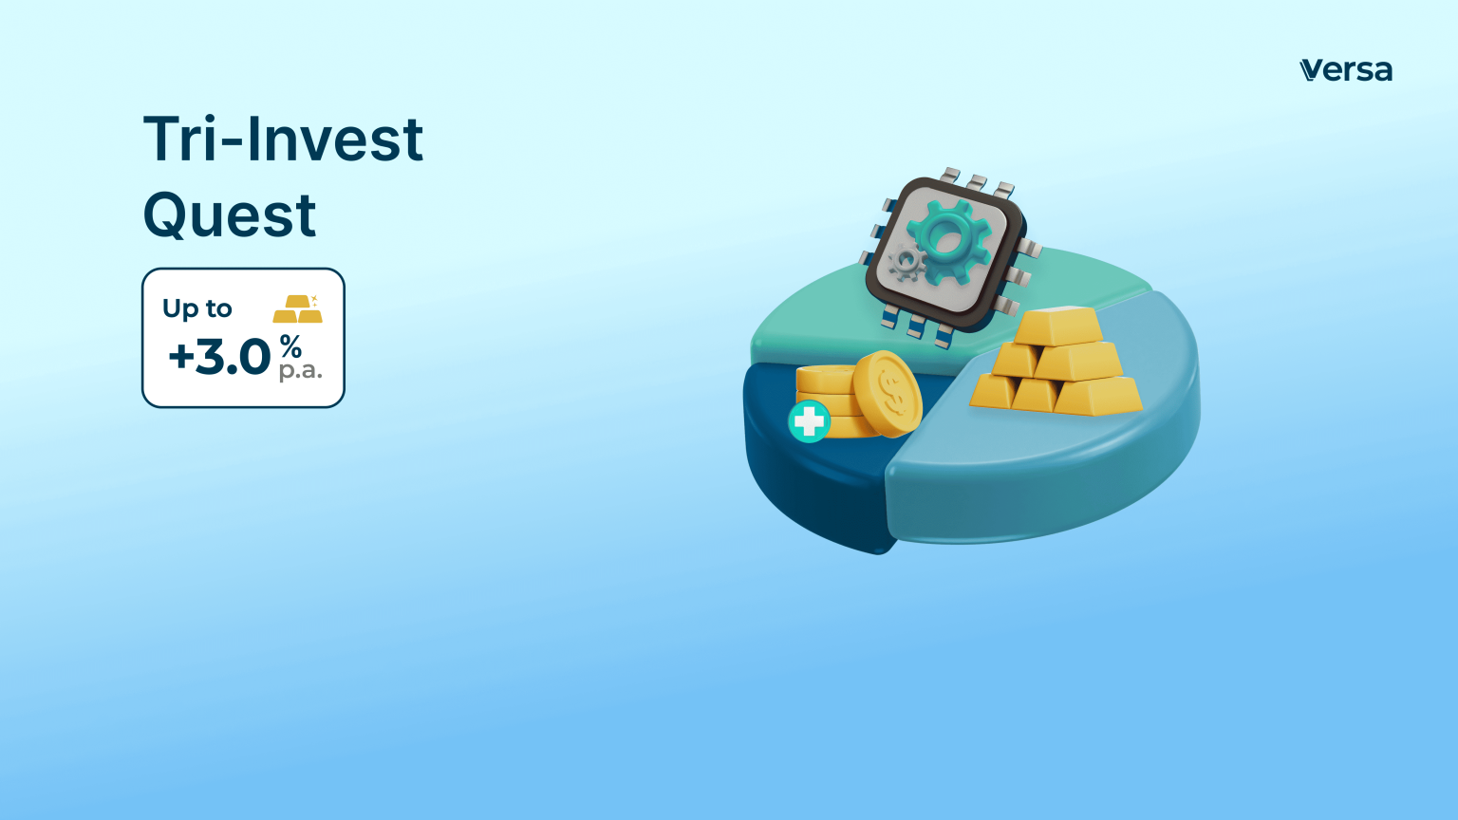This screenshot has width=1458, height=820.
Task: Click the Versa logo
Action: [1345, 70]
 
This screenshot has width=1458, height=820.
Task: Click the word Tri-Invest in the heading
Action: [283, 140]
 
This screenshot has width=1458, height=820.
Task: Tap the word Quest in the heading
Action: [229, 214]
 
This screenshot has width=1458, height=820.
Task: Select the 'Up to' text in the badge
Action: [196, 308]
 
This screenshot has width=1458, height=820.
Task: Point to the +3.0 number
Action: [219, 358]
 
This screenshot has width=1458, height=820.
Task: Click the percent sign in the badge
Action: [290, 346]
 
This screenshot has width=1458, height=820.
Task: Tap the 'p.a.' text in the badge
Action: [300, 371]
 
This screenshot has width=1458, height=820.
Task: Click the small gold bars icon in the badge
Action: [297, 308]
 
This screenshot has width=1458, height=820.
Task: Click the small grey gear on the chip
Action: [907, 262]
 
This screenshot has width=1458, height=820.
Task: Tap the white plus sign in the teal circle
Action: [809, 421]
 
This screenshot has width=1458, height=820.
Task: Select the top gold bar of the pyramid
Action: [1058, 326]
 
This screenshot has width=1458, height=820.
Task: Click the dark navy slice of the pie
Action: [807, 484]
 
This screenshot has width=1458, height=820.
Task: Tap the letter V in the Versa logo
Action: [1310, 70]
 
